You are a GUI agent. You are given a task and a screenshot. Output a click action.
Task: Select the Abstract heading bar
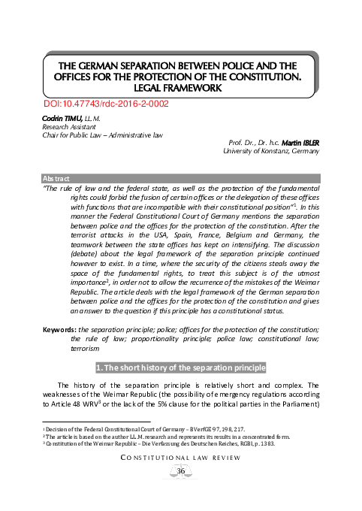pyautogui.click(x=181, y=178)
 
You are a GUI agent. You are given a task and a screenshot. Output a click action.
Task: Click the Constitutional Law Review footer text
pyautogui.click(x=181, y=479)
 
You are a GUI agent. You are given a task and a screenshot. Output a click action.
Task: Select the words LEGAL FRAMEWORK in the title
pyautogui.click(x=180, y=87)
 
